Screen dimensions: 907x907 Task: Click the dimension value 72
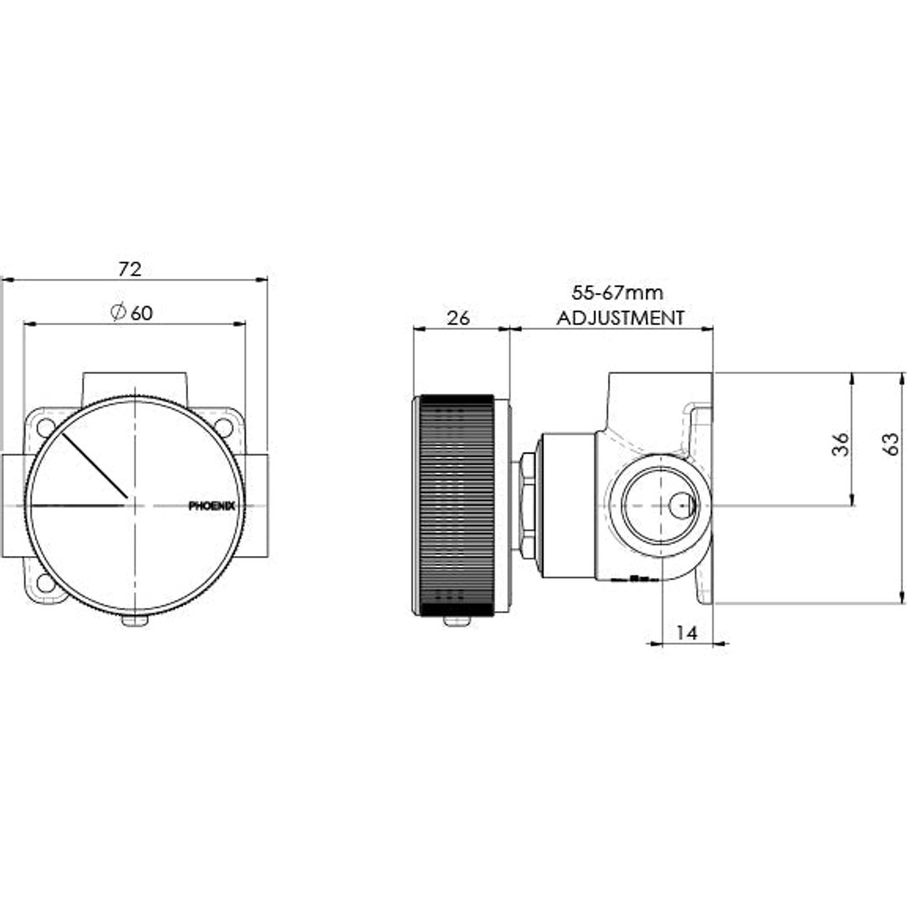[x=129, y=269]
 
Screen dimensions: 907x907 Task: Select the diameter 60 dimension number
[x=142, y=312]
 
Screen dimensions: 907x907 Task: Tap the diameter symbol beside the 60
[x=118, y=312]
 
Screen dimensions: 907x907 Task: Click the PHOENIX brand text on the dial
[x=212, y=506]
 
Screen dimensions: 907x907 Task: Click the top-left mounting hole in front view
[x=45, y=427]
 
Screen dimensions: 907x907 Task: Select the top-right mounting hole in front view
[x=223, y=427]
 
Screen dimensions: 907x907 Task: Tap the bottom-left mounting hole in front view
[x=45, y=583]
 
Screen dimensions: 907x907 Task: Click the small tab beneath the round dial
[x=134, y=621]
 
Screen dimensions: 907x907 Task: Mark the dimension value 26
[x=459, y=317]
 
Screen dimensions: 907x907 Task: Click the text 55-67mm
[x=617, y=293]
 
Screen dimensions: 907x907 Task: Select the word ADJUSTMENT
[x=621, y=317]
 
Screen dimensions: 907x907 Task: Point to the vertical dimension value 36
[x=840, y=444]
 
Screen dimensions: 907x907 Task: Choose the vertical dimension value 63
[x=891, y=444]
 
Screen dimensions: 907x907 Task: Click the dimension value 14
[x=687, y=633]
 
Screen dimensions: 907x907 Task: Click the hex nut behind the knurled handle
[x=527, y=505]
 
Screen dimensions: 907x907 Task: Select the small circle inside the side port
[x=681, y=505]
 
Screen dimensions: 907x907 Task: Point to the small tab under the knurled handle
[x=456, y=621]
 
